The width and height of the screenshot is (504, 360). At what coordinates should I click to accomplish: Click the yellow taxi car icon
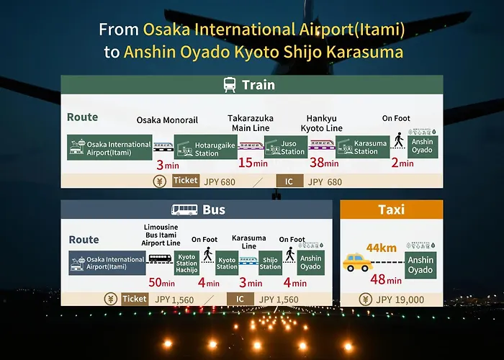[358, 262]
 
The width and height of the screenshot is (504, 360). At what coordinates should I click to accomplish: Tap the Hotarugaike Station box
[206, 147]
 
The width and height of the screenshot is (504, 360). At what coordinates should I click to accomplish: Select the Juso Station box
[286, 147]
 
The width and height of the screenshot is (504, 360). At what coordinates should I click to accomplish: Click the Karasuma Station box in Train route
[363, 147]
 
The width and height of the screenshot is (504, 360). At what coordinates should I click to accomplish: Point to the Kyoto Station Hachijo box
[186, 263]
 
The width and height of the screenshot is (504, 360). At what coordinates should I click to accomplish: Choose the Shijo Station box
[270, 263]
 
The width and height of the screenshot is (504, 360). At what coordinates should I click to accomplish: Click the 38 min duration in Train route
[324, 163]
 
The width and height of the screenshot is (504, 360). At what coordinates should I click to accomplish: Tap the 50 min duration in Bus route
[162, 282]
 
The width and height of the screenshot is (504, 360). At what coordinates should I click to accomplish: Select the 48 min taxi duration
[386, 279]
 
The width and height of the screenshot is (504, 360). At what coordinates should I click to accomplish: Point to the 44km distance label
[381, 248]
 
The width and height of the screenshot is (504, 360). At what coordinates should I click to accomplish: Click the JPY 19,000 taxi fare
[400, 300]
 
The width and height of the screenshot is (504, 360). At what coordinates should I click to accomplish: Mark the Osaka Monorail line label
[167, 120]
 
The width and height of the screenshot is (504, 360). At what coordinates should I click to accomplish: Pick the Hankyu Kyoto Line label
[321, 123]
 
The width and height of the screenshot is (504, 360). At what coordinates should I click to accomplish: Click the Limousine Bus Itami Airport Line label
[161, 235]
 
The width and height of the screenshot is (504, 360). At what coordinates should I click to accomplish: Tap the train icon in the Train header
[230, 85]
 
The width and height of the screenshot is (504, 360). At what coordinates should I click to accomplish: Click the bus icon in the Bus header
[184, 210]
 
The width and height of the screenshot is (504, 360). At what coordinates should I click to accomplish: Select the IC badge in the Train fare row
[289, 181]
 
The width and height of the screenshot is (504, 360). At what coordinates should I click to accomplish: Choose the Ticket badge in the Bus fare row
[135, 299]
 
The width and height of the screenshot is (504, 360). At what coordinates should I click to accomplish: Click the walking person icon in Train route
[399, 140]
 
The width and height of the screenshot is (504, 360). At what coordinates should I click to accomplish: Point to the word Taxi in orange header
[392, 210]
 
